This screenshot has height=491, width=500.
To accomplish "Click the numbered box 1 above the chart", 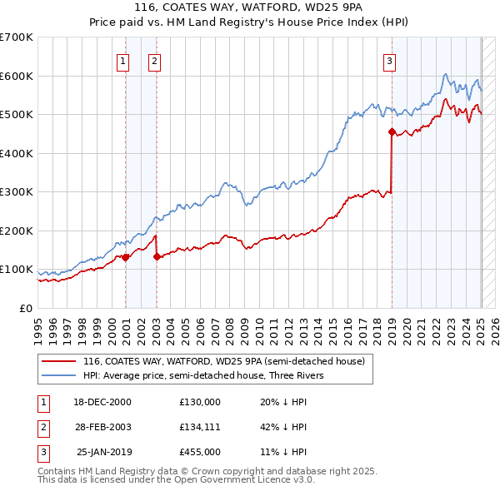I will (x=122, y=60).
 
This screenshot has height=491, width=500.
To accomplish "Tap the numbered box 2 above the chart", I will (x=155, y=60).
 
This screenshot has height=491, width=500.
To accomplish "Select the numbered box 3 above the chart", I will (x=389, y=60).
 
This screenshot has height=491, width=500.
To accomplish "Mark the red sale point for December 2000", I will (x=125, y=257).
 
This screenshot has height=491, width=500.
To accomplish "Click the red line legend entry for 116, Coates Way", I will (x=223, y=362).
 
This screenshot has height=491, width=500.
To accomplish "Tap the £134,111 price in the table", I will (x=199, y=427).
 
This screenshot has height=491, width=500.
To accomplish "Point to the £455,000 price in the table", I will (x=199, y=452).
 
